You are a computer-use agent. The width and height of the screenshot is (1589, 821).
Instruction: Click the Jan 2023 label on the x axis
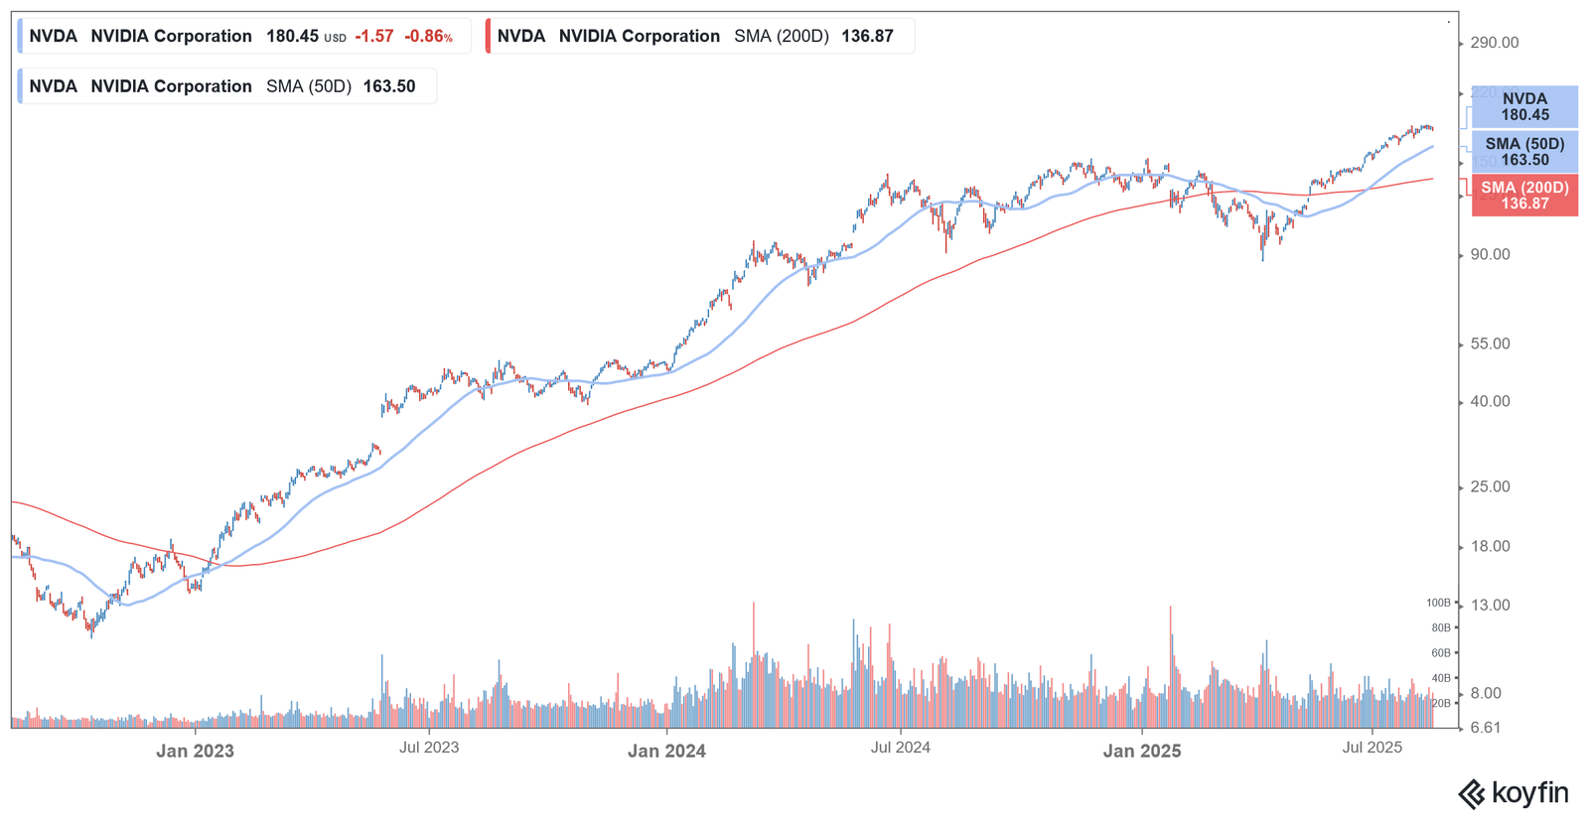(195, 752)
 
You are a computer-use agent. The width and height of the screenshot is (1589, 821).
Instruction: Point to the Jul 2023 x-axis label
(429, 748)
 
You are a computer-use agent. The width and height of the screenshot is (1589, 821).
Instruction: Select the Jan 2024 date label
(666, 752)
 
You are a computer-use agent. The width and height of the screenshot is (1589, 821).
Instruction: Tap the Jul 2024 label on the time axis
(901, 748)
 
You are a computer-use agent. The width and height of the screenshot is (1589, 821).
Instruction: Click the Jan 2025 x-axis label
(1142, 752)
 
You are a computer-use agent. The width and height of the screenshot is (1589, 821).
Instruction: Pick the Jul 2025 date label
(1372, 748)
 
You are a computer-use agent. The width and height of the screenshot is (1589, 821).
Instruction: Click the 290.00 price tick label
(1495, 43)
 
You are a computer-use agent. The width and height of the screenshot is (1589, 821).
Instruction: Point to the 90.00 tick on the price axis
(1490, 255)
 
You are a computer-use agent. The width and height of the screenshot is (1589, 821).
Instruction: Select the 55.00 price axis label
(1490, 344)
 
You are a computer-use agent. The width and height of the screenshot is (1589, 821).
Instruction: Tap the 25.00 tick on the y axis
(1490, 487)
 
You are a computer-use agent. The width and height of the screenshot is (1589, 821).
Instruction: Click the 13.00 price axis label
(1490, 606)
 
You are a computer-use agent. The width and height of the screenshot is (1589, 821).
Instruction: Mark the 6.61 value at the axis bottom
(1486, 728)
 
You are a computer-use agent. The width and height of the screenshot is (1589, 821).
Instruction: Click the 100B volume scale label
(1438, 603)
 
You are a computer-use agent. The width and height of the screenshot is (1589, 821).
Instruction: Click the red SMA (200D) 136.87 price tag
(1524, 196)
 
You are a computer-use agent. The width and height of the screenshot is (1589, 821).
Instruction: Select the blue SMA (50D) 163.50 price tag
(1524, 152)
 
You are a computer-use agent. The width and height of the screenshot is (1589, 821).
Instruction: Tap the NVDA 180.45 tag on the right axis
(1524, 107)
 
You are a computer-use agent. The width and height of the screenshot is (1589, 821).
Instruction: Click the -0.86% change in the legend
(428, 37)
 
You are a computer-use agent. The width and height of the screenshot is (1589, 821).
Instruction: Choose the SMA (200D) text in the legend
(781, 37)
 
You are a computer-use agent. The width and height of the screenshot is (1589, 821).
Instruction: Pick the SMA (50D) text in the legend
(309, 86)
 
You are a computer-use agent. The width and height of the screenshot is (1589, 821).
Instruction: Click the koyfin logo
(1513, 794)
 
